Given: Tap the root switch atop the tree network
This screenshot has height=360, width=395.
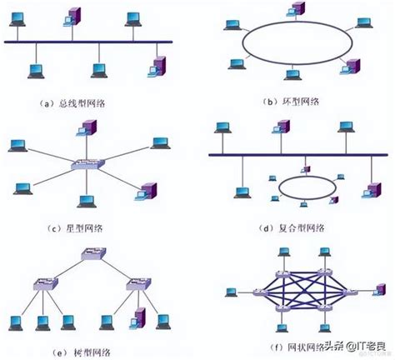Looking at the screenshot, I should tap(87, 259).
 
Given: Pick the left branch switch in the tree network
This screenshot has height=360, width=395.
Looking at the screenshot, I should tap(42, 285).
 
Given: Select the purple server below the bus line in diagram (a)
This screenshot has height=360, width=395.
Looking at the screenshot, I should tap(159, 67).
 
